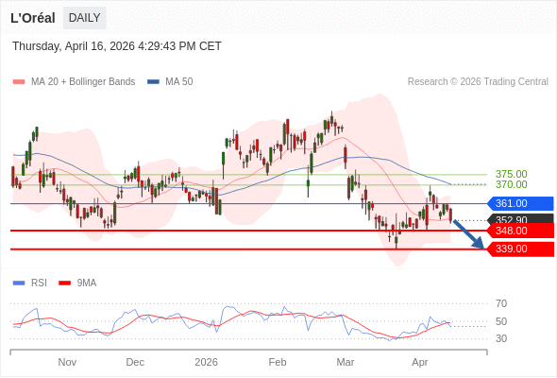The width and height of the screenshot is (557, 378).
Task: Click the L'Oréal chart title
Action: pyautogui.click(x=33, y=18)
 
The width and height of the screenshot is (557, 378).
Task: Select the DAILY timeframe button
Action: pyautogui.click(x=84, y=18)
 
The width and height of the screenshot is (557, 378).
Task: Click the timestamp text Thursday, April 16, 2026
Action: pyautogui.click(x=117, y=46)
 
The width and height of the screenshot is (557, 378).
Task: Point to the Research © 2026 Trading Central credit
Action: pyautogui.click(x=478, y=82)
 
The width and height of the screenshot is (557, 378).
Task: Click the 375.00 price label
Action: pyautogui.click(x=511, y=174)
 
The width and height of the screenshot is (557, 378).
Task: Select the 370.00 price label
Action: pyautogui.click(x=511, y=184)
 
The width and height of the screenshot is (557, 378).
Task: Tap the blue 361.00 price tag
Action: pyautogui.click(x=519, y=203)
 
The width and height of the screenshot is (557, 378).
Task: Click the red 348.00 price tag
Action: pyautogui.click(x=519, y=231)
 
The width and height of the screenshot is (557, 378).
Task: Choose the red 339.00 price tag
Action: pyautogui.click(x=519, y=249)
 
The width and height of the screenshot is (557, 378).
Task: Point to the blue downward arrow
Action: pyautogui.click(x=469, y=234)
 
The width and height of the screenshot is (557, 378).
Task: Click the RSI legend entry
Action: pyautogui.click(x=39, y=283)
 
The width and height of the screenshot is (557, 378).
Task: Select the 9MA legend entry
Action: pyautogui.click(x=86, y=283)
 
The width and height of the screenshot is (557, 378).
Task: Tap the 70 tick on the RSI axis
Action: pyautogui.click(x=501, y=303)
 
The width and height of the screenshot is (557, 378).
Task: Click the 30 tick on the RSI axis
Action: pyautogui.click(x=501, y=338)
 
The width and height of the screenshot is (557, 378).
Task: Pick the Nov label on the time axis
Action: pyautogui.click(x=67, y=362)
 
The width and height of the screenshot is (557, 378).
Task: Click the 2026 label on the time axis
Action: pyautogui.click(x=206, y=362)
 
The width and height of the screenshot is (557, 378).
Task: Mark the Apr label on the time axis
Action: pyautogui.click(x=420, y=362)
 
